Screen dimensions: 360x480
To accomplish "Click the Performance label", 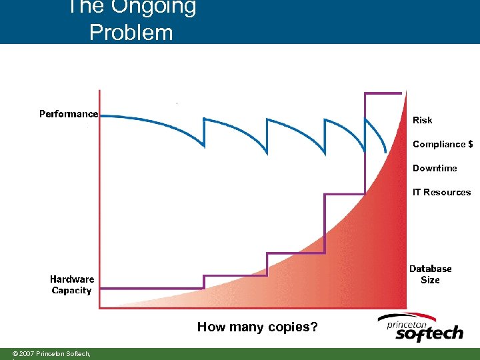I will coord(69,114).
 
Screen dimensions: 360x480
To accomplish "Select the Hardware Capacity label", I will coord(72,285).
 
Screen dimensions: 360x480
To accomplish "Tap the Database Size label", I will coord(430,274).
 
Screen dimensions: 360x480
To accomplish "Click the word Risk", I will coord(422,120).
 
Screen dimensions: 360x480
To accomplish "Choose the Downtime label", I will coord(435,168).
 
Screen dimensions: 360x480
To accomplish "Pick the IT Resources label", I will coord(441,192).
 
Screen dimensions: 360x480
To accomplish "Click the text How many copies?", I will coord(257,327).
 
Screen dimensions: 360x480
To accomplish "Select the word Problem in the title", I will coord(131,32).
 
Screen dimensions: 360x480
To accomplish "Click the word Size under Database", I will coord(430,280).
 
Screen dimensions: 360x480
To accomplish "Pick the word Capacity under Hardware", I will coord(71,291).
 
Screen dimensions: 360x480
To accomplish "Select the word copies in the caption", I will coord(289,327).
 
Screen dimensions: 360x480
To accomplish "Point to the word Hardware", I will coord(72,279).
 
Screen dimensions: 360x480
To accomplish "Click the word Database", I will coord(430,269).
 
